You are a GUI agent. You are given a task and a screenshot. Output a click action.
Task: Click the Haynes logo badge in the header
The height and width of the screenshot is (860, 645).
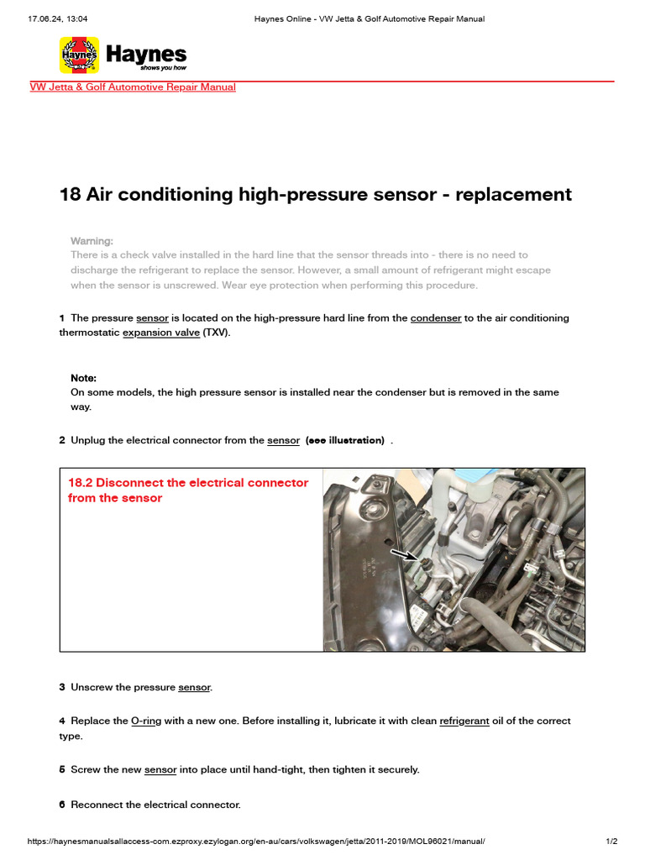point(79,55)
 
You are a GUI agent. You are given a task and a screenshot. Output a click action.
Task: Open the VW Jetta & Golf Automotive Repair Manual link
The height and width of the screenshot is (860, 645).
point(133,87)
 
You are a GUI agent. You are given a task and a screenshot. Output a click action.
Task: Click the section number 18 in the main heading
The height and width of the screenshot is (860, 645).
point(70,195)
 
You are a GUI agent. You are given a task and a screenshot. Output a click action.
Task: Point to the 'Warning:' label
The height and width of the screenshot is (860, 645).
point(92,241)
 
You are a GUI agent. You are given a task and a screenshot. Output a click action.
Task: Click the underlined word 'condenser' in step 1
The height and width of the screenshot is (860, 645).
point(435,318)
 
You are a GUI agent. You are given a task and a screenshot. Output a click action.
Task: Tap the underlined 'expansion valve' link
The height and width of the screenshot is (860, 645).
point(161,333)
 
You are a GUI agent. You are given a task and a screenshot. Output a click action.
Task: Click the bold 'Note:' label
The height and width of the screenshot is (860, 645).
point(83,379)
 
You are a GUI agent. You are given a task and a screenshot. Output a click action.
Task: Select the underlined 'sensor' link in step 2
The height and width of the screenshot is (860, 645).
point(283,441)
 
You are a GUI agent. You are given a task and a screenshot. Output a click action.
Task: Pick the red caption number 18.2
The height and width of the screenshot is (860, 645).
point(85,483)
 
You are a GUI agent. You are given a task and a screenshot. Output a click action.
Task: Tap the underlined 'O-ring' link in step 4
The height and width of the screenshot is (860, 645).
point(146,721)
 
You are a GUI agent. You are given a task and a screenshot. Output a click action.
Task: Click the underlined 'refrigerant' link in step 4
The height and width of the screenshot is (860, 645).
point(464,721)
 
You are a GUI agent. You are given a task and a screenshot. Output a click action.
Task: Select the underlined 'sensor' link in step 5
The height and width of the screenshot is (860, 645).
point(160,770)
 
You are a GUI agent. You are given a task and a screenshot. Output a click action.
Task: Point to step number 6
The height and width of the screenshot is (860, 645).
point(62,805)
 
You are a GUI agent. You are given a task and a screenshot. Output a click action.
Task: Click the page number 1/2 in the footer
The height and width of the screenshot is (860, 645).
point(611,842)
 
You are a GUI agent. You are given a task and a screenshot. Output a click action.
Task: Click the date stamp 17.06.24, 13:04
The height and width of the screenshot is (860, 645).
point(58,18)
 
